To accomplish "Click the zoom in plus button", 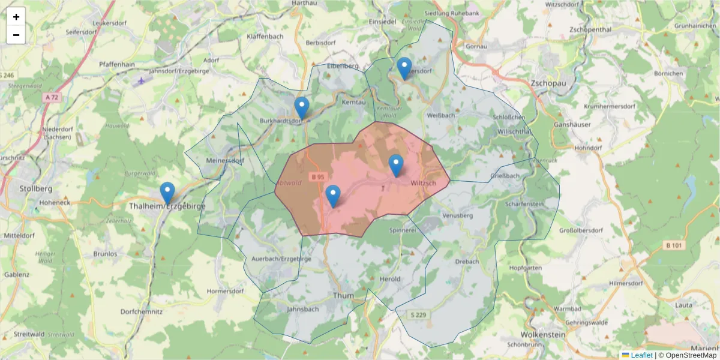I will point(16,17).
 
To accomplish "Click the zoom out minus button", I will point(16,35).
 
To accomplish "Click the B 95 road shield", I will point(318,177).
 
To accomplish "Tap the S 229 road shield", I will point(419,315).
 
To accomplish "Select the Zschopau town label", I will point(548,83).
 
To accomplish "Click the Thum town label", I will point(343,296).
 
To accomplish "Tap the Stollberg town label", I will point(35,188).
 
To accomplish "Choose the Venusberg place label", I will point(457,215).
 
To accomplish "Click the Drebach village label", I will point(467,262).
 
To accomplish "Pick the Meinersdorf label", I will point(224,161).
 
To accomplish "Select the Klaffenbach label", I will point(265,36).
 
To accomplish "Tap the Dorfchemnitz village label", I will point(142,312).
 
